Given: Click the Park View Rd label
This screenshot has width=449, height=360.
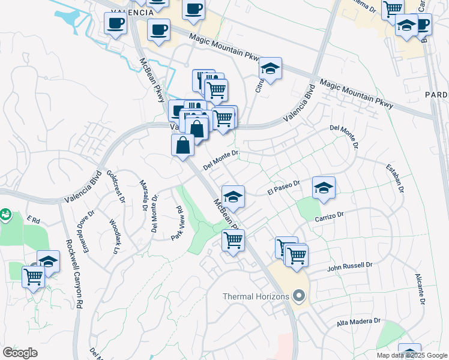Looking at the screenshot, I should point(176,223).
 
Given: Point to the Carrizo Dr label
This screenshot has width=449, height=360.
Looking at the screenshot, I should point(329,215).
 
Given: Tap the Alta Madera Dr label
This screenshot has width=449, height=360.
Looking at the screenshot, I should point(358,322).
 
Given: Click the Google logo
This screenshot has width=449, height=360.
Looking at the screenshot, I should point(20,352).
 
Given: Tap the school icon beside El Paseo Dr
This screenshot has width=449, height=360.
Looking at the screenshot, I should point(324,188).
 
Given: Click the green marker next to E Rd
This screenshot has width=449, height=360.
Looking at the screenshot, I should point(5,214).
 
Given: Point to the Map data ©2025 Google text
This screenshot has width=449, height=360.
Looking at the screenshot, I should point(412,355).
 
